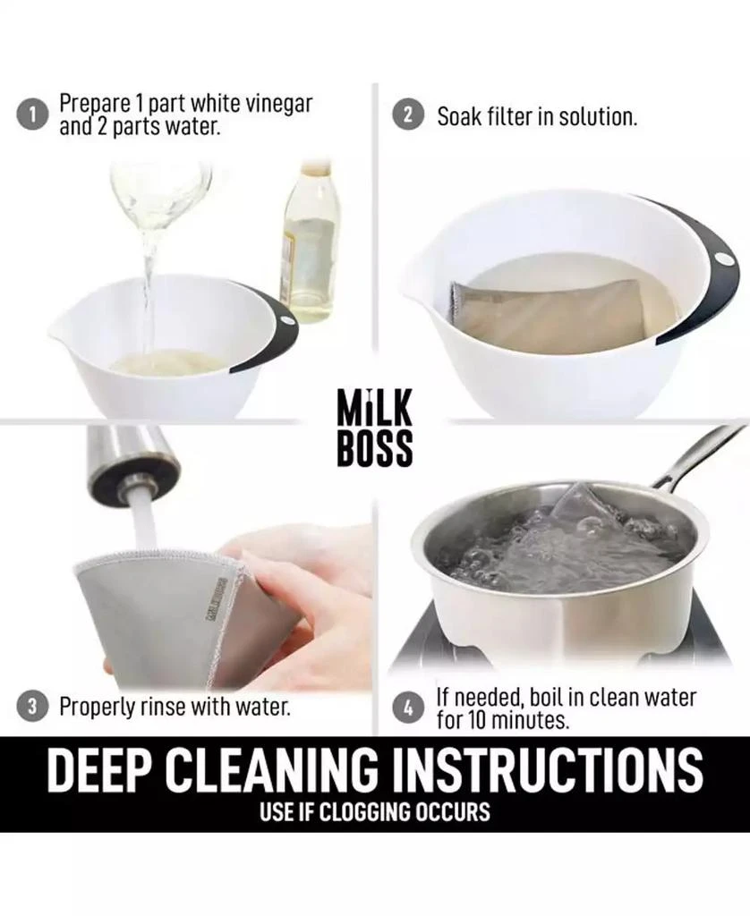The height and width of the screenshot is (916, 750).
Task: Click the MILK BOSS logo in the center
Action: (x=375, y=428)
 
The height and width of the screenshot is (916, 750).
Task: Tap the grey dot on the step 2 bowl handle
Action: (x=724, y=258)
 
